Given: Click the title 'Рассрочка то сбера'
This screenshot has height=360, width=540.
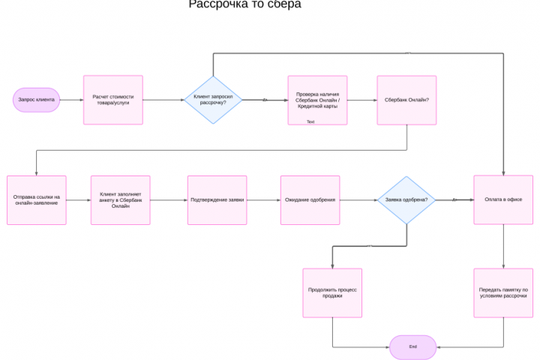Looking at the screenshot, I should click(244, 4).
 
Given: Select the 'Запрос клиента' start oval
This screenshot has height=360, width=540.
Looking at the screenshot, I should click(36, 100).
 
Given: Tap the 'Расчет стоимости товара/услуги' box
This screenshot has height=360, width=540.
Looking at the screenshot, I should click(113, 100).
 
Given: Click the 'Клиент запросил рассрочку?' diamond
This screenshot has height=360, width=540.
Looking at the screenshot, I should click(214, 100).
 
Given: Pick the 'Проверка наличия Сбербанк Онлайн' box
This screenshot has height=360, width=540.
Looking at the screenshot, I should click(317, 100).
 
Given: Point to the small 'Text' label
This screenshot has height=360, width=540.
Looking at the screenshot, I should click(310, 121).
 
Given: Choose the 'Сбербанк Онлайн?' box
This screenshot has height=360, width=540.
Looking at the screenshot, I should click(406, 100).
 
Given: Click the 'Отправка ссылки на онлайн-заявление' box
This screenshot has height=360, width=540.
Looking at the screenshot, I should click(37, 200).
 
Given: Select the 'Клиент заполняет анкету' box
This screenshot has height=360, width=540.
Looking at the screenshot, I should click(121, 200).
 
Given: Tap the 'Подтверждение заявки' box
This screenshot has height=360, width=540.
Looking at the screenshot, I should click(217, 200).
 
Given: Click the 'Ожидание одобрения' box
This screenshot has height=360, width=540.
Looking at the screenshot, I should click(310, 200).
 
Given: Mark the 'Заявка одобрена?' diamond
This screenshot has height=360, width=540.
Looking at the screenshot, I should click(406, 200).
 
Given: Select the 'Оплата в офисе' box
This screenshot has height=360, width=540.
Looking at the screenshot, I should click(503, 200).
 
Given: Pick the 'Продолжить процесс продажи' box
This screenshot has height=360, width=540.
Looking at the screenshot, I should click(332, 292).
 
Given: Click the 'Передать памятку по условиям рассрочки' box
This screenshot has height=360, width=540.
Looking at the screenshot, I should click(503, 292).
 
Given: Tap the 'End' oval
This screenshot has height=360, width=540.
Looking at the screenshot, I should click(412, 347).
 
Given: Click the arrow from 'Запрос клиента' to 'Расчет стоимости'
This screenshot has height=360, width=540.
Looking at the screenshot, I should click(71, 100).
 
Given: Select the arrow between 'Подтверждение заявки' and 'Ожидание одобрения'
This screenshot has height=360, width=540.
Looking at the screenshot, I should click(263, 200).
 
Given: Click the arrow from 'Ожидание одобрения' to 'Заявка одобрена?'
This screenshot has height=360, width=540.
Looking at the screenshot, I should click(358, 200).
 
